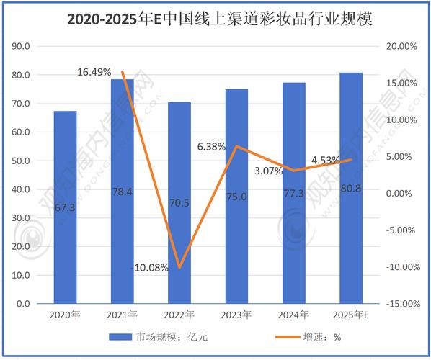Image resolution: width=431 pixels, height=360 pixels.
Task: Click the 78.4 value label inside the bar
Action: pos(123,192)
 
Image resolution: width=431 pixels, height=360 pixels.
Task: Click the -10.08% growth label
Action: pos(150,267)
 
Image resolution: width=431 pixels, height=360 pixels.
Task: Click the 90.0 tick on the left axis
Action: pos(21,46)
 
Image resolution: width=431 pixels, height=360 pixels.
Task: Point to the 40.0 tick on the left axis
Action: pos(21,189)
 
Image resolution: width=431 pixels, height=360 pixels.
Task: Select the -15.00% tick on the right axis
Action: pos(401,304)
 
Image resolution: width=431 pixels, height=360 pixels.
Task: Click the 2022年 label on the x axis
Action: pos(179,315)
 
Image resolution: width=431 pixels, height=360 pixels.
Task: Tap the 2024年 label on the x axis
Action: pos(294,315)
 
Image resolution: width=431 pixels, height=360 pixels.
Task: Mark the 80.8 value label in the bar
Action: pos(351,192)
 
